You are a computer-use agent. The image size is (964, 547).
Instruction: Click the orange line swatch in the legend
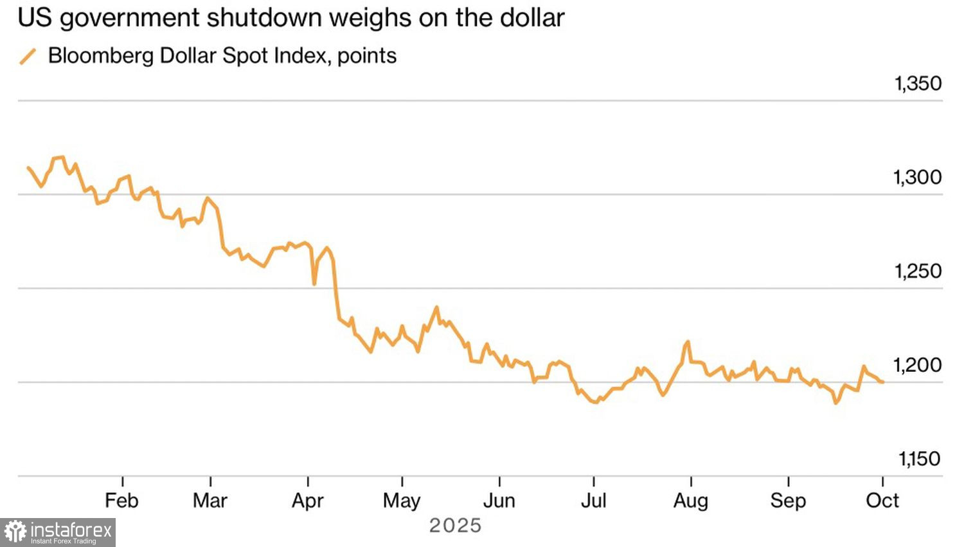point(28,57)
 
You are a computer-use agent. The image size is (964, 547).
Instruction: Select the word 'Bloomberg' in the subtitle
point(101,56)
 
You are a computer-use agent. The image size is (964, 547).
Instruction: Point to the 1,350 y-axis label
point(918,84)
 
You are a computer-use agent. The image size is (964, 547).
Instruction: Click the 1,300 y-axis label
point(918,178)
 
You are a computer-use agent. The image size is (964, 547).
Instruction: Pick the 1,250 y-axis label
point(918,272)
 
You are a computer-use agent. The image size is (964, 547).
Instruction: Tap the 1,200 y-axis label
point(918,366)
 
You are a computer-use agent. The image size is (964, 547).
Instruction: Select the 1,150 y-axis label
point(919,459)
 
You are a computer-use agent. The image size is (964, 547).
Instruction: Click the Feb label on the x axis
point(121,501)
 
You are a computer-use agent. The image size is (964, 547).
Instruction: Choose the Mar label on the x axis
point(210,501)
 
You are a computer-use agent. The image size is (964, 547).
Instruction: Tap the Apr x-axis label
point(308,501)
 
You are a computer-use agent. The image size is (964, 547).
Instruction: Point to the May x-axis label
point(402,501)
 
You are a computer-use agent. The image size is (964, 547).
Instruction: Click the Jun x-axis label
point(499,501)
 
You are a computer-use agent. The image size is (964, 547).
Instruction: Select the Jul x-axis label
point(593,501)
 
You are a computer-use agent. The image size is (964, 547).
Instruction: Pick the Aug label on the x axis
point(691,501)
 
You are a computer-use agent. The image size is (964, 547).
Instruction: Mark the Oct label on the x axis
point(882,501)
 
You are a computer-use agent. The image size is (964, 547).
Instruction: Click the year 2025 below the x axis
point(455,526)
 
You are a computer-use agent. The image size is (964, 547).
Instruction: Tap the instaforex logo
point(58,532)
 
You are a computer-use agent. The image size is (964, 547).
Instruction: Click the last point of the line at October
point(883,382)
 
